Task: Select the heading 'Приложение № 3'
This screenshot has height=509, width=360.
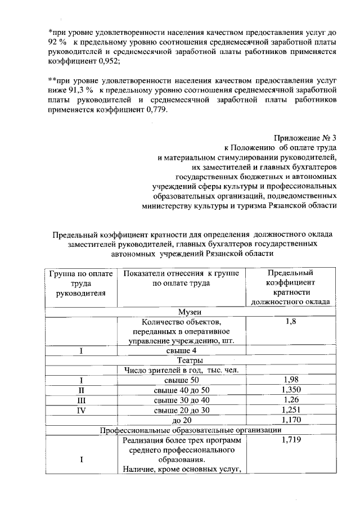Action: tap(305, 137)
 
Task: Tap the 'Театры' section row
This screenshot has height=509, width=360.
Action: tap(189, 360)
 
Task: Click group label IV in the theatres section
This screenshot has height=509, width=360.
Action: tap(81, 410)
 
